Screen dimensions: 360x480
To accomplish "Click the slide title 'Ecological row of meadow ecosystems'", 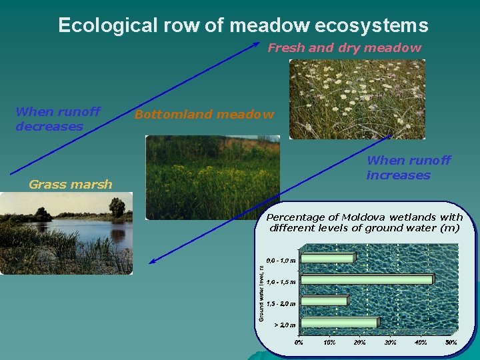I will click(243, 25).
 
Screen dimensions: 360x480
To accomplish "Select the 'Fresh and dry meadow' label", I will click(344, 47).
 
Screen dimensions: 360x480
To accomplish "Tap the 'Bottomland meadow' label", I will click(204, 115).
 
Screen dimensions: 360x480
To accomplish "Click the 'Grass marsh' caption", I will click(71, 185).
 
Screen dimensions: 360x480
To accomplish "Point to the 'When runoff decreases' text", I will click(57, 119).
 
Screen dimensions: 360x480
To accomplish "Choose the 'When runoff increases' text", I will click(408, 167).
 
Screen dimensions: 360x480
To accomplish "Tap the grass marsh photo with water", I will click(66, 233).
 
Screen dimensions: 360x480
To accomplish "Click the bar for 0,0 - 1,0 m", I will click(327, 258).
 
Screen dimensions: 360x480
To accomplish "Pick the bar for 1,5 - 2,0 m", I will click(323, 301).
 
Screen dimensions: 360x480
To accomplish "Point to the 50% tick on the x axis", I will click(451, 342).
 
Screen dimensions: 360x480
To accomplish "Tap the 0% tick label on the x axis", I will click(299, 342).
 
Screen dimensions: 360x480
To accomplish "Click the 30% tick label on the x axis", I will click(391, 342).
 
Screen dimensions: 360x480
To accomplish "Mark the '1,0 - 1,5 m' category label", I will click(281, 281).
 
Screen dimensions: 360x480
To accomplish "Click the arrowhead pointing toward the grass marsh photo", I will click(153, 261).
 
